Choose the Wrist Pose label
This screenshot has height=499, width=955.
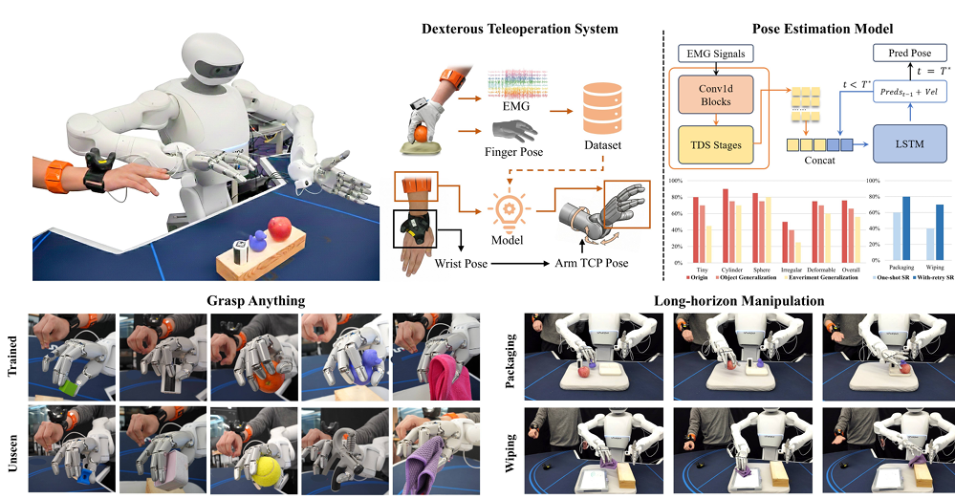[x=462, y=262]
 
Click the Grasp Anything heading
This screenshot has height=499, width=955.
[x=255, y=300]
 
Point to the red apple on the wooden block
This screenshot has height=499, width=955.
[x=279, y=228]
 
